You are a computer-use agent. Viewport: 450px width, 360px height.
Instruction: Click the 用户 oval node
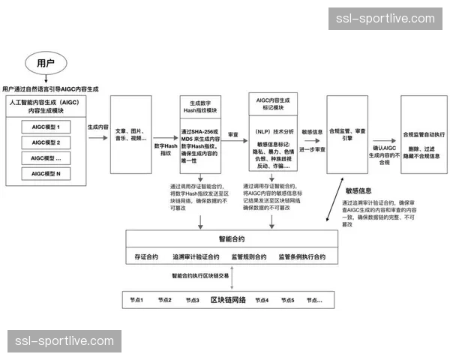(46, 62)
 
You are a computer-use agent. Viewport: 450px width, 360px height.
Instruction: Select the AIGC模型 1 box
(46, 127)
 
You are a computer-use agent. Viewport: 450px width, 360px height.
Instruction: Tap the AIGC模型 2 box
(46, 142)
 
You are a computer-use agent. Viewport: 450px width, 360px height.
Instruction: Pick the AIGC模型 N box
(46, 174)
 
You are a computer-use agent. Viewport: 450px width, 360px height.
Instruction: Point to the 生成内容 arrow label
(97, 127)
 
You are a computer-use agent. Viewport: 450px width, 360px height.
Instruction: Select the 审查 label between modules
(233, 135)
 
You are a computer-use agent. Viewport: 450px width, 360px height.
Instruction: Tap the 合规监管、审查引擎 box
(347, 133)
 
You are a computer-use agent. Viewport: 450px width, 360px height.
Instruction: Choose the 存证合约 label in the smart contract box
(146, 256)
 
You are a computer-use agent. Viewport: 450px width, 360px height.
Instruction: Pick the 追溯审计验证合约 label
(196, 256)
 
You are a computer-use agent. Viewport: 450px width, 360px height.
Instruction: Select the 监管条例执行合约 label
(302, 256)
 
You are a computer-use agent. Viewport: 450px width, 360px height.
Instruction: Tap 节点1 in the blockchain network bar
(136, 300)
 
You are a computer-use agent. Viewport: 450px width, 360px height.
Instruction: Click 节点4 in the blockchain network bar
(262, 300)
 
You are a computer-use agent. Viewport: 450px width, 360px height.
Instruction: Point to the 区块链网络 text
(228, 300)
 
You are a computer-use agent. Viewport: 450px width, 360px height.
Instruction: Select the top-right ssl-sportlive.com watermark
(385, 19)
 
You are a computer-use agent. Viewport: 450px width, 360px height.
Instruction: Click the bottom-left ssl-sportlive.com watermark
(65, 341)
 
